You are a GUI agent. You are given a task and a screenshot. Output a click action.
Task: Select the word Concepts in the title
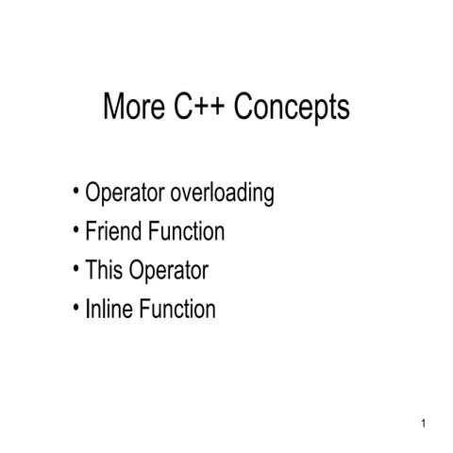(x=291, y=109)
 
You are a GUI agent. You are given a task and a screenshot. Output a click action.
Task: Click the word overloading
(x=223, y=194)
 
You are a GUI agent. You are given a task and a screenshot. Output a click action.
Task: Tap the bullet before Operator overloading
(x=75, y=193)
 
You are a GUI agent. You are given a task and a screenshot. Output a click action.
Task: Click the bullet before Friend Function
(x=75, y=230)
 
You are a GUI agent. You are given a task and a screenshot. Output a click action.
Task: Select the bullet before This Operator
(x=75, y=269)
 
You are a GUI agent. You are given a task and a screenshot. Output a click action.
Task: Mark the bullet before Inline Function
(x=75, y=308)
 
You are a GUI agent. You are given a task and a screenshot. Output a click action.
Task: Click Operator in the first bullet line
(x=126, y=195)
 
